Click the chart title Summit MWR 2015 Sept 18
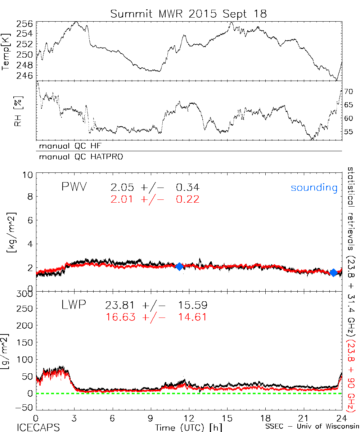(x=189, y=14)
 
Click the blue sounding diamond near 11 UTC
(x=180, y=266)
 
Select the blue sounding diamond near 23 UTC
(x=333, y=273)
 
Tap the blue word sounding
(x=314, y=188)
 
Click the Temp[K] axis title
(x=6, y=51)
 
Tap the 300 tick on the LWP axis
(x=24, y=294)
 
